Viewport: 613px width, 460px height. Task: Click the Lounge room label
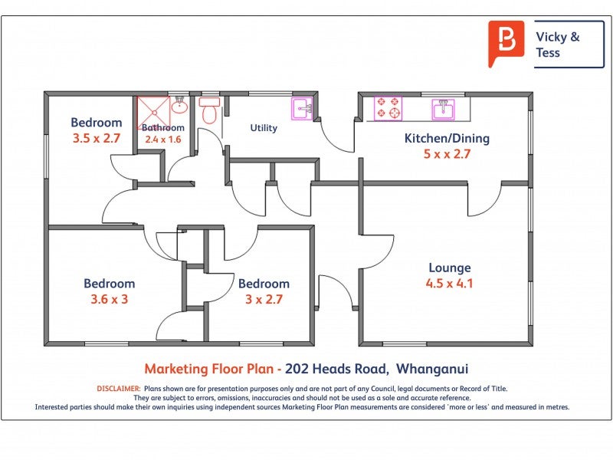click(x=450, y=268)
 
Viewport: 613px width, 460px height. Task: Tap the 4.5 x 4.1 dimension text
click(x=449, y=283)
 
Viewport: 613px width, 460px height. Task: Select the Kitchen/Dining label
click(x=447, y=139)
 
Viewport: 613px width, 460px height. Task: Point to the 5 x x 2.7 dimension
click(x=447, y=154)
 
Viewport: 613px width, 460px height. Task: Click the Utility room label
click(x=264, y=128)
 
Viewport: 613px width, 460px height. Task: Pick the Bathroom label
click(x=163, y=127)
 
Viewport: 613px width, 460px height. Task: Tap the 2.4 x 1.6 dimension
click(x=163, y=140)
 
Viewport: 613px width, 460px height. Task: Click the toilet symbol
click(x=209, y=110)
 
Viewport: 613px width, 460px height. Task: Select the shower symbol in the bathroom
click(x=154, y=113)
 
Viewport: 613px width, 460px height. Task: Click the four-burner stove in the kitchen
click(x=388, y=108)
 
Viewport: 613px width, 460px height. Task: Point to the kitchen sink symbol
click(x=444, y=109)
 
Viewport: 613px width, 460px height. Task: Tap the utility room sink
click(x=302, y=108)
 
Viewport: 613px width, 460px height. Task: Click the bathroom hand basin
click(x=179, y=105)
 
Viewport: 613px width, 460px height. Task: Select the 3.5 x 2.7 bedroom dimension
click(x=97, y=138)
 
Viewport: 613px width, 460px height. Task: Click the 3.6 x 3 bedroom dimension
click(x=109, y=299)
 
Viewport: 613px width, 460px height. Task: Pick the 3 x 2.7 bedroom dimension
click(x=264, y=299)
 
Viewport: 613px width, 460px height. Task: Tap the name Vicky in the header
click(x=551, y=37)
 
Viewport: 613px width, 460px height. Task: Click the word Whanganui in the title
click(x=432, y=369)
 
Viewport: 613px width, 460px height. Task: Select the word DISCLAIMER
click(x=119, y=389)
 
